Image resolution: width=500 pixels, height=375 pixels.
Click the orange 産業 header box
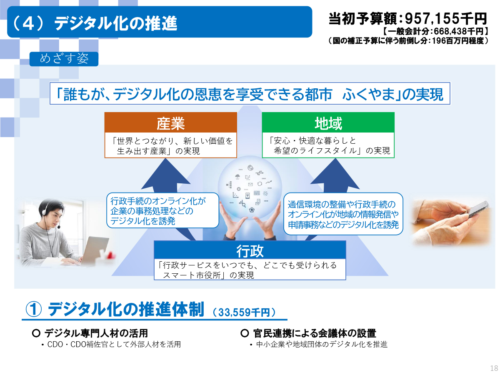tap(170, 122)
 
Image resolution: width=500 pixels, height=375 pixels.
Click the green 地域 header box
tap(328, 122)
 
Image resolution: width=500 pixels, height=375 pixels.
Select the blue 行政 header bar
tap(250, 250)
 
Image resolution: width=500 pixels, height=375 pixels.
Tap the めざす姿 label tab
tap(64, 59)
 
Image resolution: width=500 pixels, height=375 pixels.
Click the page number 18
tap(494, 368)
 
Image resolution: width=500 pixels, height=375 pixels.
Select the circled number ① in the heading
tap(34, 310)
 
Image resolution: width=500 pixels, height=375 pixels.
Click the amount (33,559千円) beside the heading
tap(244, 312)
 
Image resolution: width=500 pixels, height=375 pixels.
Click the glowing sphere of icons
tap(250, 188)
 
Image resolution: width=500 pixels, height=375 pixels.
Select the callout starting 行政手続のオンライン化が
tap(162, 210)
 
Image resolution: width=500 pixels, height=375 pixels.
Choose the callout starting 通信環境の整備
tap(343, 214)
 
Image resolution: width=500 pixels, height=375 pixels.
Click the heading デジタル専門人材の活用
tap(96, 333)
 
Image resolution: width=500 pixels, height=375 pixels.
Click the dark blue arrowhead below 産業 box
tap(165, 174)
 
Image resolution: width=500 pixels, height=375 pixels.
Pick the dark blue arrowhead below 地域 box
tap(335, 174)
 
